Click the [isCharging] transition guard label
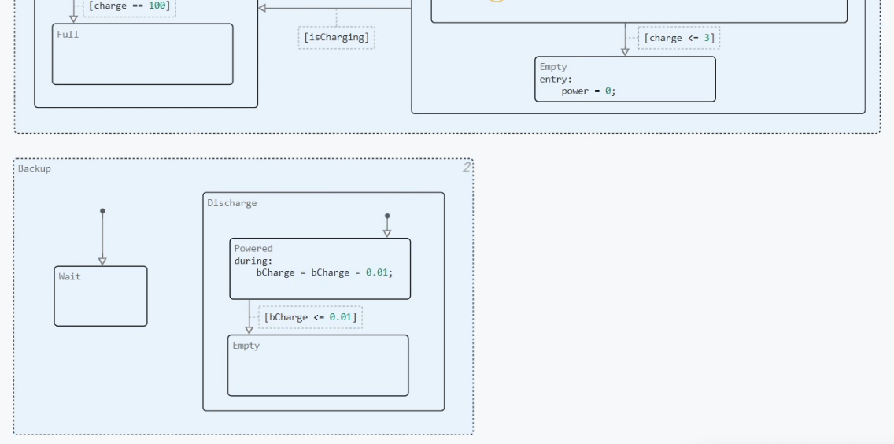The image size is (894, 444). click(x=336, y=37)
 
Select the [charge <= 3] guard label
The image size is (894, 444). click(x=679, y=38)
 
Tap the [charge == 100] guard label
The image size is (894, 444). click(x=129, y=6)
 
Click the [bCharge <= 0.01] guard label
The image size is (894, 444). click(x=310, y=316)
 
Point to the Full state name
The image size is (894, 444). click(x=68, y=34)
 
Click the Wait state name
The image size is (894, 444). click(x=69, y=276)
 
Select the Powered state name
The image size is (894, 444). click(x=253, y=248)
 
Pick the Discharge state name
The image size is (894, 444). click(x=232, y=203)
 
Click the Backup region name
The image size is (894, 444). click(x=34, y=168)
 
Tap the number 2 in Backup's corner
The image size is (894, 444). click(x=467, y=167)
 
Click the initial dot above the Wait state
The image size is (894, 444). click(x=102, y=211)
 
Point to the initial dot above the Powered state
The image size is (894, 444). click(x=387, y=216)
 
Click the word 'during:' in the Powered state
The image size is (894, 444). click(x=253, y=261)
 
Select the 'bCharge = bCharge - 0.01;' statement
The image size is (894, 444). click(x=324, y=272)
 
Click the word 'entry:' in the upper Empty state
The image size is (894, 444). click(x=556, y=79)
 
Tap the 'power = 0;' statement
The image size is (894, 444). click(x=589, y=91)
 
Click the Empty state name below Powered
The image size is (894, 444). click(x=246, y=346)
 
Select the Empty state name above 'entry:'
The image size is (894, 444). click(x=553, y=67)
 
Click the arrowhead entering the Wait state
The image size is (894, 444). click(x=102, y=261)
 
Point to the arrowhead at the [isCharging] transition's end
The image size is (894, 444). click(x=262, y=8)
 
